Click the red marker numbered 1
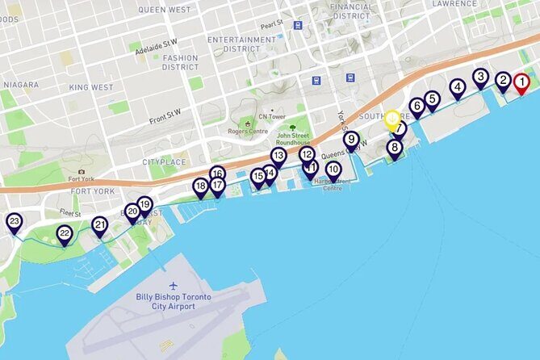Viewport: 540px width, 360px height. tap(521, 82)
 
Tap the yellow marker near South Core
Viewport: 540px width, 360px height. tap(391, 119)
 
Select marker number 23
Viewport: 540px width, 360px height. tap(14, 222)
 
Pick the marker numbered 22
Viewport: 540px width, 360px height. tap(65, 234)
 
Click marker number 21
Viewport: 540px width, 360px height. tap(99, 225)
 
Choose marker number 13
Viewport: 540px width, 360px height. tap(278, 156)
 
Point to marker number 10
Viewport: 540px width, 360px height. tap(333, 170)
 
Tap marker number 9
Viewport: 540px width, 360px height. tap(351, 140)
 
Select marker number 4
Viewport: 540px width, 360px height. tap(458, 87)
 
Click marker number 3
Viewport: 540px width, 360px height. tap(480, 77)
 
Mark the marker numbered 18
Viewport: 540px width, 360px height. tap(200, 186)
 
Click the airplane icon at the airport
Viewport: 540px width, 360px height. tap(174, 286)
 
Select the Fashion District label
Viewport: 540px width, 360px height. tap(180, 62)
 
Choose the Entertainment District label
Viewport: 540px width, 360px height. tap(241, 44)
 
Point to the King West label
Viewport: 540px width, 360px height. tap(91, 87)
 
